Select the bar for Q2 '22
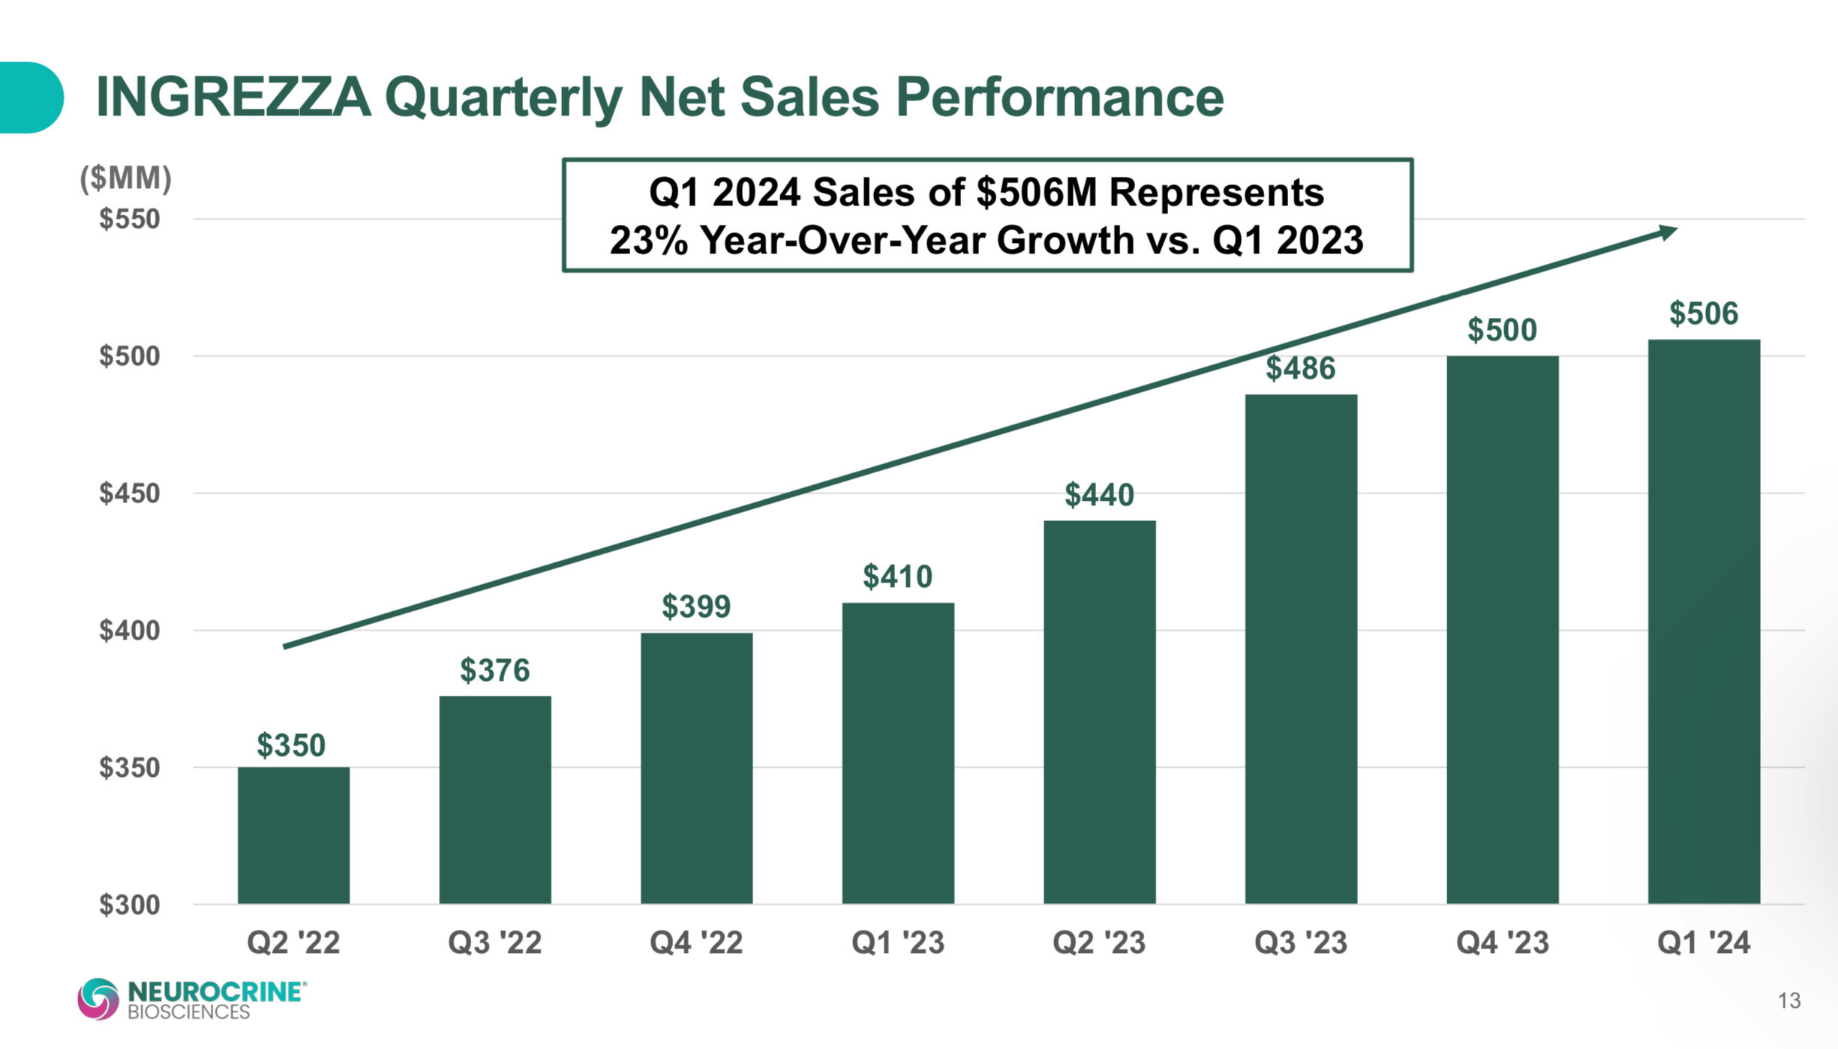point(293,835)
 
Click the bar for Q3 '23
point(1301,649)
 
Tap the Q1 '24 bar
point(1704,622)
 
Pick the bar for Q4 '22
point(696,769)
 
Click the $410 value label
point(897,577)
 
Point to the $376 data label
point(494,670)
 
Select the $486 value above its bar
point(1301,368)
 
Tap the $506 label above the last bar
point(1704,313)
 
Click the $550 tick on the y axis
point(130,219)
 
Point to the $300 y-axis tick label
point(130,904)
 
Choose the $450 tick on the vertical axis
point(130,493)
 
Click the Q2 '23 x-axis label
point(1099,942)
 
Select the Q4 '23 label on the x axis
point(1502,942)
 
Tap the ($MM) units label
point(126,178)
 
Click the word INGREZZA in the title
point(233,97)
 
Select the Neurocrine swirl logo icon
point(98,999)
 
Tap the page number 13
point(1789,1000)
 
